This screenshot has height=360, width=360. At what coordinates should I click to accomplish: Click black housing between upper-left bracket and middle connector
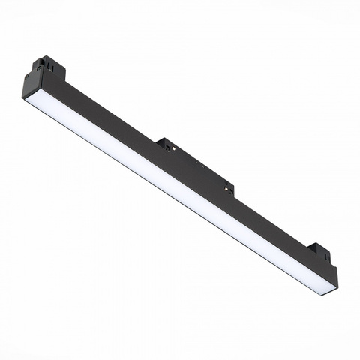tap(105, 112)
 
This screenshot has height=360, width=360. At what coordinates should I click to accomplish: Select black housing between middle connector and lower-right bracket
tap(270, 225)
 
